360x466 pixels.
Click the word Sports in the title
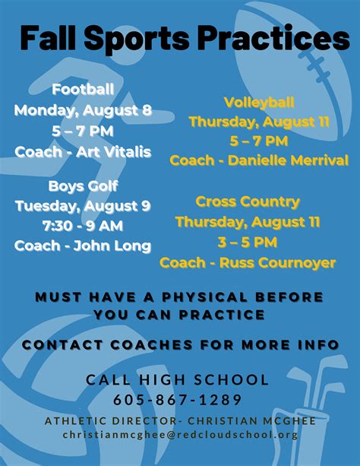coord(137,39)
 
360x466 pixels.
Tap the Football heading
coord(83,89)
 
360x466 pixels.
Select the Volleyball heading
coord(259,103)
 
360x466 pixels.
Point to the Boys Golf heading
coord(84,186)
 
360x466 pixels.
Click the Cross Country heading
coord(248,202)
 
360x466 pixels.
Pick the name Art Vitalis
coord(114,152)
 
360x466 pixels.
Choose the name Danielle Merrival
coord(288,160)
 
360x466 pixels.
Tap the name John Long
coord(112,246)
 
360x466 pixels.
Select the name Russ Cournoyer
coord(278,263)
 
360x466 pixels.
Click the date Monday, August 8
coord(84,110)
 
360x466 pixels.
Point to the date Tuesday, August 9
coord(84,206)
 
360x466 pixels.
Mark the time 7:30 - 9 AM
coord(83,226)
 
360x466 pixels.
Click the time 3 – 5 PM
coord(248,243)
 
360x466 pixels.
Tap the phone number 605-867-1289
coord(178,400)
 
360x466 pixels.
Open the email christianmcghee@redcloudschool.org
coord(180,435)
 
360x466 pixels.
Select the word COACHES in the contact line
coord(152,344)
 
